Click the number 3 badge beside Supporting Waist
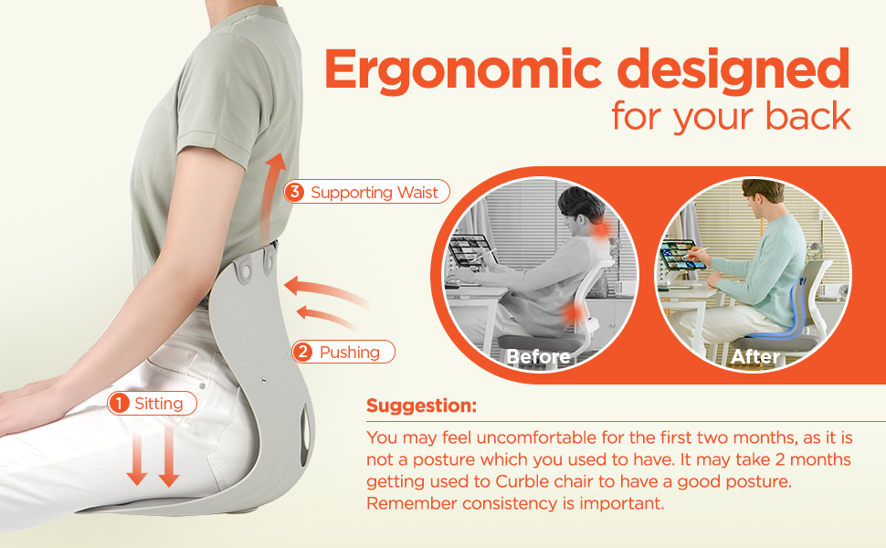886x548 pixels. point(294,192)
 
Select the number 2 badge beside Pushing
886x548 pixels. point(303,352)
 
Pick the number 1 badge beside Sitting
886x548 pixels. point(119,403)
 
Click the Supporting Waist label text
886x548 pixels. point(375,192)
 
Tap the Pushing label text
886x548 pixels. point(349,352)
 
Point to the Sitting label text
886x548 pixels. point(159,403)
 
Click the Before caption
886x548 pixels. point(538,356)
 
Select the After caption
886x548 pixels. point(755,356)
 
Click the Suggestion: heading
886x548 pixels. point(421,406)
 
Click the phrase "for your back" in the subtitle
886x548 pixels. point(731,117)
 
